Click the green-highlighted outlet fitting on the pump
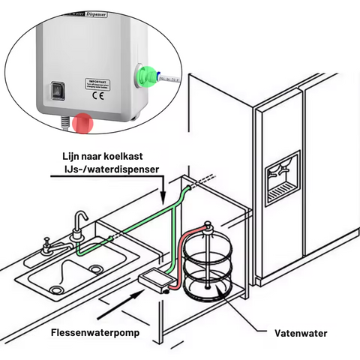144,76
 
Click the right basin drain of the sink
95,269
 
